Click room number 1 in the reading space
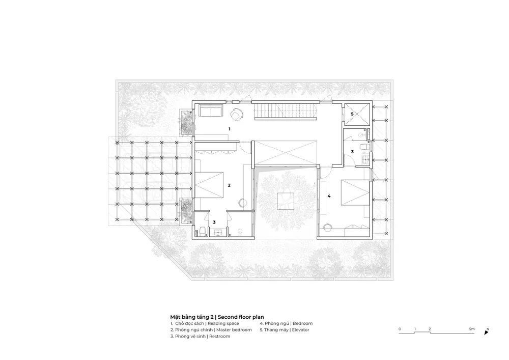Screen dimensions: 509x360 [229, 129]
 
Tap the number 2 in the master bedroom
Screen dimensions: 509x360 [229, 185]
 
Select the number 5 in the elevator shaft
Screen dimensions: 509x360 [352, 114]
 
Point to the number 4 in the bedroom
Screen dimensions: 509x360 [329, 196]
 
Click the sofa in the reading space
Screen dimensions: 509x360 [211, 110]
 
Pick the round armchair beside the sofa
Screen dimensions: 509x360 [237, 115]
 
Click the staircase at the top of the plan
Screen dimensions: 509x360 [286, 112]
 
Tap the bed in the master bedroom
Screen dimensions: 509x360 [209, 185]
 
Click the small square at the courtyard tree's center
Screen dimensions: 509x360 [286, 201]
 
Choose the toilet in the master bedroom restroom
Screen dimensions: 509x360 [202, 231]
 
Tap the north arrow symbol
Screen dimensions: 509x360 [486, 332]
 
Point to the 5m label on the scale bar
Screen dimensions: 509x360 [472, 329]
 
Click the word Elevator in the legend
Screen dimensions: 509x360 [301, 330]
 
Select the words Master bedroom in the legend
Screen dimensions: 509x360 [234, 330]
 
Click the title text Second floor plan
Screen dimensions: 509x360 [241, 317]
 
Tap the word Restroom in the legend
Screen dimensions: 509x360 [219, 336]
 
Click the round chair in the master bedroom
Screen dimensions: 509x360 [243, 203]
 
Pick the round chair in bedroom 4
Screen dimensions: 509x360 [328, 227]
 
